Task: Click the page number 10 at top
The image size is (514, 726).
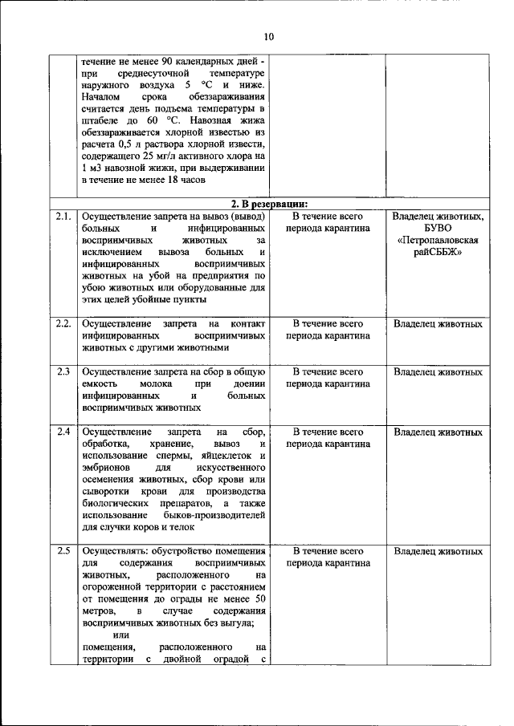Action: [267, 36]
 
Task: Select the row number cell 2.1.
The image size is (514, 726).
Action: [63, 216]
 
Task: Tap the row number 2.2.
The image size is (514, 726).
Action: [63, 324]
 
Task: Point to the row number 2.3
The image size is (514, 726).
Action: [63, 372]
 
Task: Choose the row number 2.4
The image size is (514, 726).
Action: [63, 432]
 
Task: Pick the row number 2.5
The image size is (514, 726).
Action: [63, 551]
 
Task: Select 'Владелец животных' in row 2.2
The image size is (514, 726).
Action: [438, 324]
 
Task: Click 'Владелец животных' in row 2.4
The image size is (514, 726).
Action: [438, 432]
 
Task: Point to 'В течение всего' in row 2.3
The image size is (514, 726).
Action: [328, 372]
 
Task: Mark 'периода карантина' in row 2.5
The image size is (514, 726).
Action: [328, 563]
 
